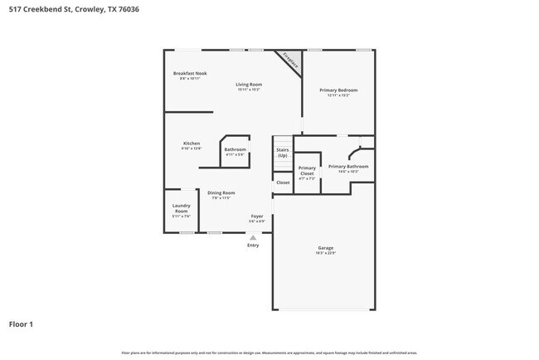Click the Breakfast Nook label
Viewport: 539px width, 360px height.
[190, 73]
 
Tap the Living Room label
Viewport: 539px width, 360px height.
[249, 84]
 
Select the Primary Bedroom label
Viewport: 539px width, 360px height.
[338, 90]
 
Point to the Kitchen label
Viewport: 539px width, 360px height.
[192, 144]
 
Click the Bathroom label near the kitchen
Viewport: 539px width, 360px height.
[236, 149]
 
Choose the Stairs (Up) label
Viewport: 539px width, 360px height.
[283, 153]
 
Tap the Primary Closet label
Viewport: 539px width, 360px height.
[307, 170]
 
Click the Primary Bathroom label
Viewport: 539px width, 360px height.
[348, 167]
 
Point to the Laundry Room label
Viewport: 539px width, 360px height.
[182, 208]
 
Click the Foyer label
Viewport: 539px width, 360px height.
[257, 216]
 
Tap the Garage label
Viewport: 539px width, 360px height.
[325, 248]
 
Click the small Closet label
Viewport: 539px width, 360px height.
[283, 182]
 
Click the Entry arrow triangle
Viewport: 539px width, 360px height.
[253, 237]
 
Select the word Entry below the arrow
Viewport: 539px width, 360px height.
[253, 245]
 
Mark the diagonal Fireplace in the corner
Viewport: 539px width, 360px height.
[289, 60]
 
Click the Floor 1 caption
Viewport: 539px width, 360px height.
[21, 324]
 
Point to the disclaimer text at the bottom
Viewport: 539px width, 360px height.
[269, 353]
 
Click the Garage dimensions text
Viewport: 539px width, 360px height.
[325, 254]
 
